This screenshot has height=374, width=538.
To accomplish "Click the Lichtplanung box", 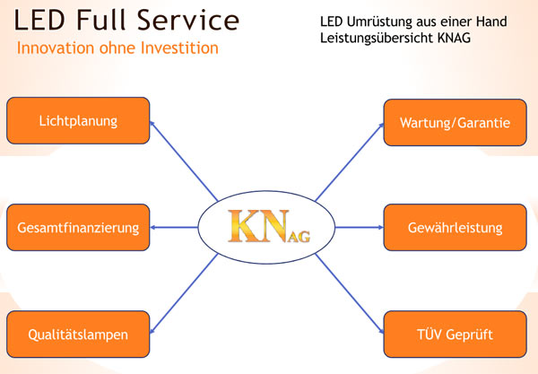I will coord(78,120).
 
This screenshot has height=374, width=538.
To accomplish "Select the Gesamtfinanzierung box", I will coord(78,228).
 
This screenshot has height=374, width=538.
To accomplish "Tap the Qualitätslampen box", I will coord(78,335).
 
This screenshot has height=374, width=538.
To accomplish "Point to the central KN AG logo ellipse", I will coord(265,228).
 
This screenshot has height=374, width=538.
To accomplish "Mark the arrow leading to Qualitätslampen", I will coord(184,292).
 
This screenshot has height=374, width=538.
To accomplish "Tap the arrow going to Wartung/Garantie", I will coord(350,162).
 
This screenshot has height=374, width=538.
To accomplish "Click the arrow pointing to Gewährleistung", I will coord(359,228).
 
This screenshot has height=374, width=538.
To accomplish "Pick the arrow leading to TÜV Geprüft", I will coord(350,292).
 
